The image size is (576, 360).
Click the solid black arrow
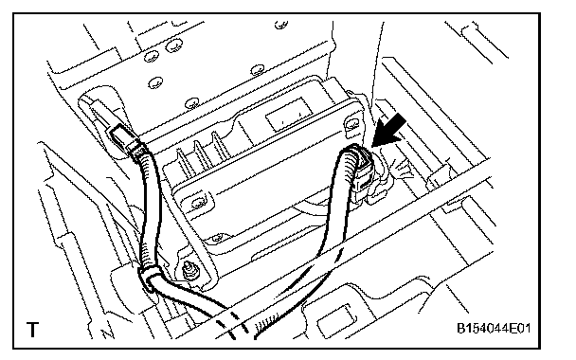[x=390, y=131]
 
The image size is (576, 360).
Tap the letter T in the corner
[x=33, y=329]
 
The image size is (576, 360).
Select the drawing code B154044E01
[x=494, y=328]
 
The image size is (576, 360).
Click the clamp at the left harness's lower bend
[x=149, y=279]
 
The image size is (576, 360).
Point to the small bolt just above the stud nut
[x=218, y=238]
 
